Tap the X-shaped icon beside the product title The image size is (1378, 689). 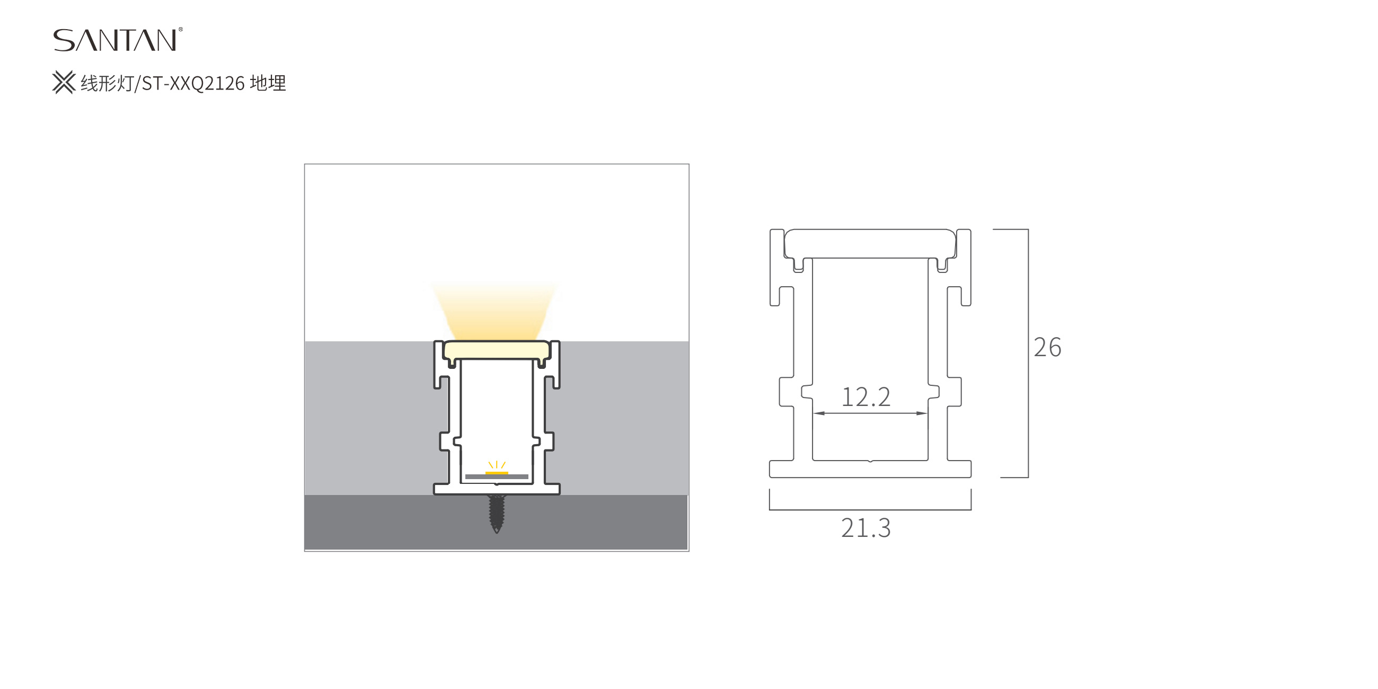click(x=64, y=83)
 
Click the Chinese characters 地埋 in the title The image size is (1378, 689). click(x=268, y=83)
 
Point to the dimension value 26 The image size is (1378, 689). click(x=1047, y=347)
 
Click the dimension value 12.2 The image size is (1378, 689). click(x=866, y=397)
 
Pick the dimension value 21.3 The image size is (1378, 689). click(x=865, y=528)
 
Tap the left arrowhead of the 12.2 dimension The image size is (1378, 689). click(x=818, y=413)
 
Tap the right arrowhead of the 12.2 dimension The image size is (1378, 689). click(x=922, y=413)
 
